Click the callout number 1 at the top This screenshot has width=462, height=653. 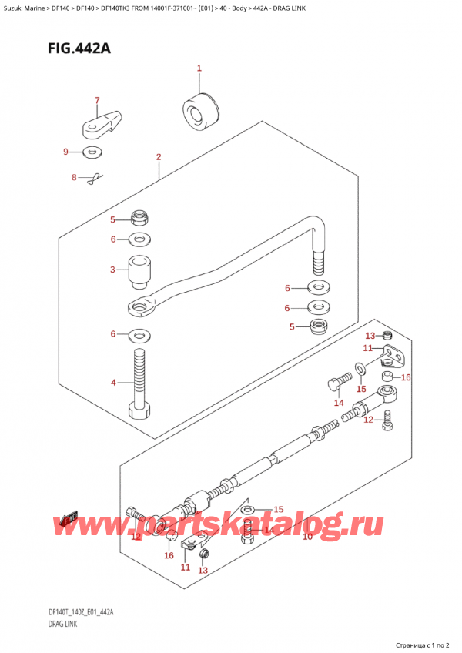199,69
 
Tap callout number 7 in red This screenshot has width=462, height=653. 97,100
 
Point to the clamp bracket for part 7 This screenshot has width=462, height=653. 101,121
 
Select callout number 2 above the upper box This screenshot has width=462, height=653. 158,158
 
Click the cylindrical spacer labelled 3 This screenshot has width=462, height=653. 139,271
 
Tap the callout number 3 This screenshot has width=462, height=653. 112,270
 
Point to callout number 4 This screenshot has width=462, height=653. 112,382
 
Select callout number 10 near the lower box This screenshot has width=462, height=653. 307,536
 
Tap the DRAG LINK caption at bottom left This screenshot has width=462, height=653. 60,625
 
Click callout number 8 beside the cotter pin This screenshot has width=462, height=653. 75,178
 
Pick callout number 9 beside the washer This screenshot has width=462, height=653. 66,152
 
